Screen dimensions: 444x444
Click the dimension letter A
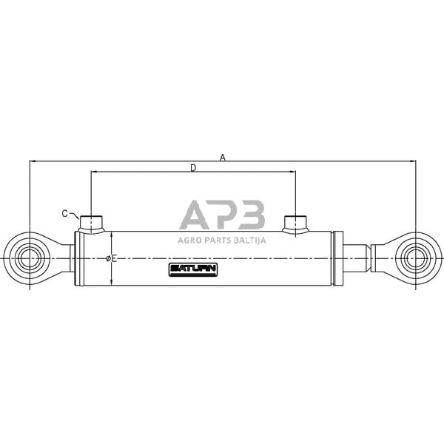click(223, 157)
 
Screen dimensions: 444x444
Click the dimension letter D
click(193, 168)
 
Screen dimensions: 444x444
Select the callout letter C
click(65, 214)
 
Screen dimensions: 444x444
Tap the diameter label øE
click(111, 258)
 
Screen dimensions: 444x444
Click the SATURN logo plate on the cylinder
click(193, 269)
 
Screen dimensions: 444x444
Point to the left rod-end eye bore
click(30, 258)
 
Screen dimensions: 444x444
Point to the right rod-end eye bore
click(415, 258)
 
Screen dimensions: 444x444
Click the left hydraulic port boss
click(91, 224)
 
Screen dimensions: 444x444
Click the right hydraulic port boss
click(295, 224)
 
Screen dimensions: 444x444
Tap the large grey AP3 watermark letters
click(222, 215)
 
